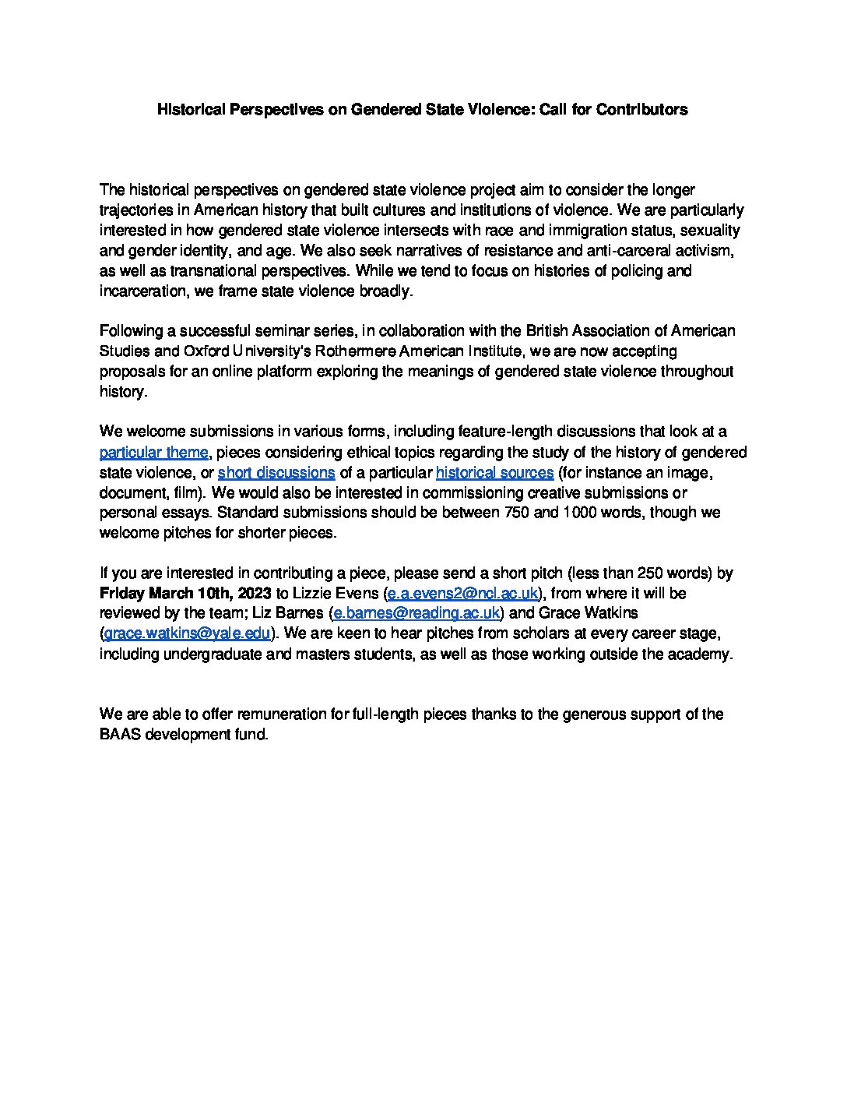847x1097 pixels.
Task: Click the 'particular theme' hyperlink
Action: click(153, 453)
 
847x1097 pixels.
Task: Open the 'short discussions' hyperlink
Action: click(276, 473)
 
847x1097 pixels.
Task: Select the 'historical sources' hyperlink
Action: click(494, 473)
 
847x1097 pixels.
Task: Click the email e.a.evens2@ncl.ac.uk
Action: click(462, 594)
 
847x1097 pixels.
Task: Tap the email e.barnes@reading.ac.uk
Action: click(416, 614)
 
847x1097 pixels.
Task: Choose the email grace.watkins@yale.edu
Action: click(187, 634)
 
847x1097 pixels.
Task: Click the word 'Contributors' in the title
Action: click(641, 110)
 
